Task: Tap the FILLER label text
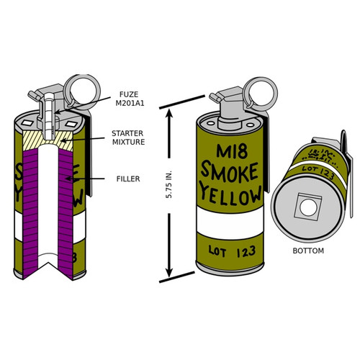127,177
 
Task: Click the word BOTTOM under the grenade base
308,251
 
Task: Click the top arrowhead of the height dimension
171,108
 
